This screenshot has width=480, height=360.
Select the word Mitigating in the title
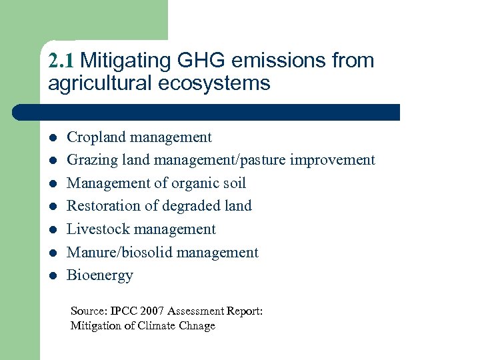coord(126,61)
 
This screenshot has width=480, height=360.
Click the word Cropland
coord(96,137)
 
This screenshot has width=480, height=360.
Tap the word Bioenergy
coord(100,275)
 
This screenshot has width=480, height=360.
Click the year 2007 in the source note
coord(150,311)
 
